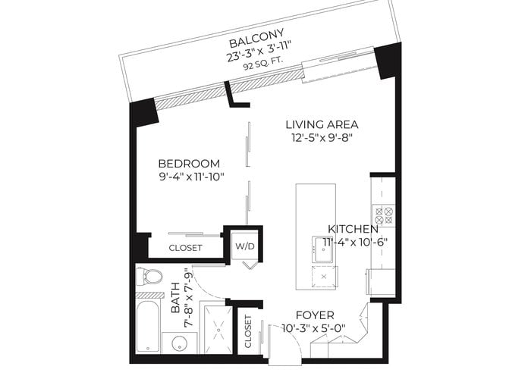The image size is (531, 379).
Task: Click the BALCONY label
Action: (x=256, y=39)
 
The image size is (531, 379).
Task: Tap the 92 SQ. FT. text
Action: (x=263, y=64)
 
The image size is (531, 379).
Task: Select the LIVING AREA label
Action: (x=322, y=124)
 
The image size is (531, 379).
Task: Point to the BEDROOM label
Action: (x=189, y=164)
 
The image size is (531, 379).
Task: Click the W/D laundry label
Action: (x=245, y=246)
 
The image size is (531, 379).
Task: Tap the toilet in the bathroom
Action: (x=149, y=276)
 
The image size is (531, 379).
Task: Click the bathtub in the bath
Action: (x=149, y=327)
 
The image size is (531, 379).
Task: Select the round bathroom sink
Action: (x=180, y=344)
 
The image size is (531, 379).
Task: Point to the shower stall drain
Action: (x=218, y=330)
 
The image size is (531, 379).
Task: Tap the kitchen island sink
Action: (x=324, y=249)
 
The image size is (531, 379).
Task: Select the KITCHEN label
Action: (x=353, y=229)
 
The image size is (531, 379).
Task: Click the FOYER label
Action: (x=315, y=315)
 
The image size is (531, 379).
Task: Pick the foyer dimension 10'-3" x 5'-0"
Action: (x=313, y=328)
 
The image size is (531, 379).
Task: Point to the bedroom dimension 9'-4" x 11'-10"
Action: (x=191, y=177)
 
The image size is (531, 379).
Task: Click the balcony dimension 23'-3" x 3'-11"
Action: (x=259, y=51)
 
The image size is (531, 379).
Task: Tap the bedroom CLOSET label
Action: (x=186, y=248)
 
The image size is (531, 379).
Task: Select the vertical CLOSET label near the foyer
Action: (x=248, y=332)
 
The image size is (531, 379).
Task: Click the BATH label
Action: (x=176, y=298)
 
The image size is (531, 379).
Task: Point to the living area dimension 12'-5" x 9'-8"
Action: (x=322, y=138)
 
